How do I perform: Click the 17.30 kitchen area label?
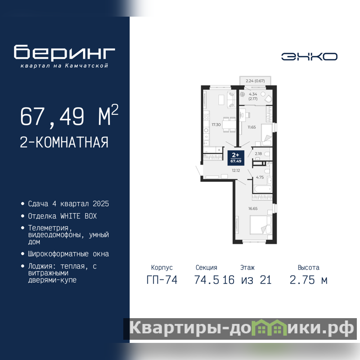pos(216,125)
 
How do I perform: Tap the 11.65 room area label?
pos(252,127)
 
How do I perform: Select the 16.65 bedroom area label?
pos(253,208)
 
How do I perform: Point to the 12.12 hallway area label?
pos(236,171)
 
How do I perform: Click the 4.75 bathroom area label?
pos(260,177)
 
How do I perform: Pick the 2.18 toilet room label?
pos(258,153)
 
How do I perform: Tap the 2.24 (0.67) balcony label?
pos(255,81)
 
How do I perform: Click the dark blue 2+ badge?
pos(236,158)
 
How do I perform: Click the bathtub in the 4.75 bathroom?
pos(263,189)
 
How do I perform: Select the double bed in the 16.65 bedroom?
pos(261,225)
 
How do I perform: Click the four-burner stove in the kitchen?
pos(206,117)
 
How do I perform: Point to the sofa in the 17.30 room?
pos(231,99)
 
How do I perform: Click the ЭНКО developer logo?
pos(309,57)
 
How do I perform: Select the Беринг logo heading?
pos(64,52)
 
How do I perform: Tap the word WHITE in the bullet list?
pos(70,216)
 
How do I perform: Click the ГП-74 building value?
pos(162,280)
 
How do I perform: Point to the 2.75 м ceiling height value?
pos(308,280)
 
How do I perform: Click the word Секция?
pos(206,267)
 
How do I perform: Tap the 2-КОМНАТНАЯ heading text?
pos(64,142)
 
